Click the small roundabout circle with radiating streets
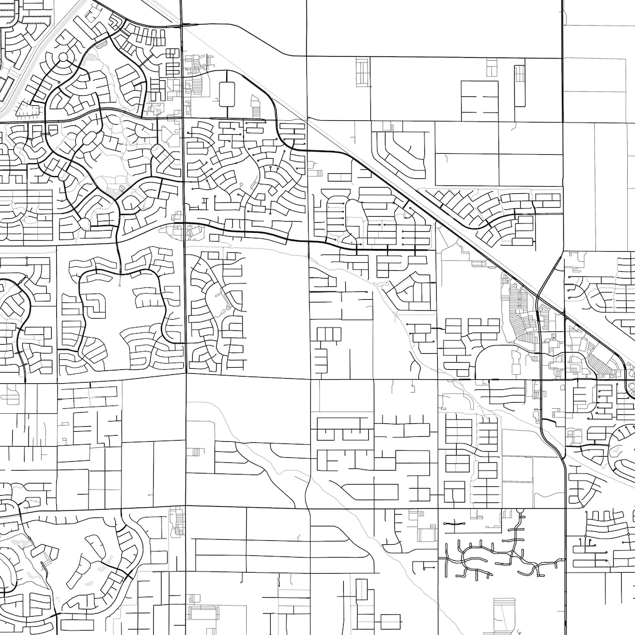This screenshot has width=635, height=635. coord(63,57)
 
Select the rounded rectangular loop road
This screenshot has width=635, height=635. coord(227,95)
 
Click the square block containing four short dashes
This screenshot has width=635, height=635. coord(480,101)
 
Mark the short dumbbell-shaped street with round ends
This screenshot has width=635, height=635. coord(455,524)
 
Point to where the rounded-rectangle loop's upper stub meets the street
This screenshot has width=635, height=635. coord(227,71)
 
